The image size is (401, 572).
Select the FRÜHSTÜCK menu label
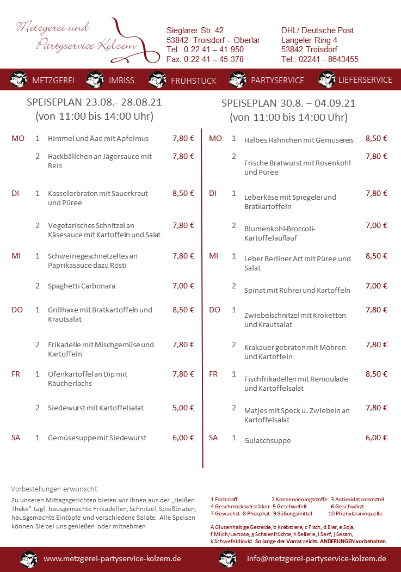[194, 81]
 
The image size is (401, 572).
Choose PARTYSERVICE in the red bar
[277, 80]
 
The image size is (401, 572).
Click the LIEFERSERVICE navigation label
[365, 79]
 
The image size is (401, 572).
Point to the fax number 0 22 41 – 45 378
[205, 59]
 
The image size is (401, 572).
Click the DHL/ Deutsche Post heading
[317, 30]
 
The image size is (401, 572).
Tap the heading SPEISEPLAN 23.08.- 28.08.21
[94, 102]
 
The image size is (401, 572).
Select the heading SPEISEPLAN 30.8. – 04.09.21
[288, 103]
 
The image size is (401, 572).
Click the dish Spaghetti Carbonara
[82, 286]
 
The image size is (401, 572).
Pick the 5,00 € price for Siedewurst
[183, 408]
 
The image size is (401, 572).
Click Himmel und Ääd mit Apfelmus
[98, 139]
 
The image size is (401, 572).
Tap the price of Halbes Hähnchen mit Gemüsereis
[377, 138]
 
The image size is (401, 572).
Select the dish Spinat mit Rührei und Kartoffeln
[297, 290]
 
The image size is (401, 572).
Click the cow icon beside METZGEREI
[18, 79]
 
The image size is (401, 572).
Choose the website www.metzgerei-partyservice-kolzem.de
[112, 558]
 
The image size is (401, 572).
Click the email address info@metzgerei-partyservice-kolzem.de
[316, 558]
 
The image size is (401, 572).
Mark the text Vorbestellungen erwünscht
[54, 489]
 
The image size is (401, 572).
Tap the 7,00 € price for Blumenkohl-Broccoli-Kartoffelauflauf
[377, 225]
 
